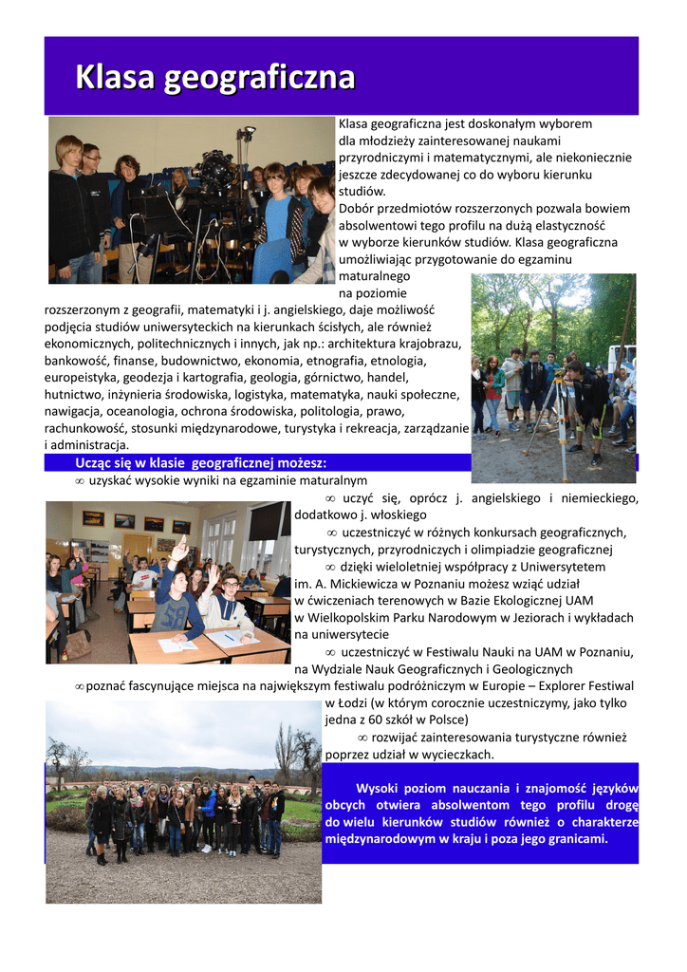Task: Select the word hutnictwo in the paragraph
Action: pyautogui.click(x=73, y=394)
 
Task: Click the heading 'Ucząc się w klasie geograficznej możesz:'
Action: pyautogui.click(x=201, y=463)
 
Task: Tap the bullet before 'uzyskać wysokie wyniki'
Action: pyautogui.click(x=80, y=482)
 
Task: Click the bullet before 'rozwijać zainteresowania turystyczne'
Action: pyautogui.click(x=362, y=738)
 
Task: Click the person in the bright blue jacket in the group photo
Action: pyautogui.click(x=208, y=806)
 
